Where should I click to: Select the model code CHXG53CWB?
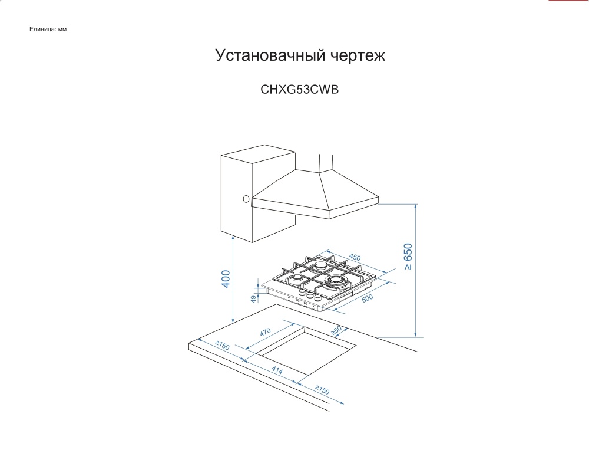(x=300, y=91)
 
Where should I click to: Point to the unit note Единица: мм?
(x=48, y=29)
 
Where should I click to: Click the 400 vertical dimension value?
(x=226, y=278)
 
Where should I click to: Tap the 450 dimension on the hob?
(x=355, y=257)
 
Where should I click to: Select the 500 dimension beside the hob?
(x=368, y=298)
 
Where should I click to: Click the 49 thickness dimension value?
(x=254, y=298)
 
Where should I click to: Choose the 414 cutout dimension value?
(x=277, y=371)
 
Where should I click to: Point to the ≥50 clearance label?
(x=337, y=331)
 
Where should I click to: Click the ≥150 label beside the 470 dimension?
(x=222, y=346)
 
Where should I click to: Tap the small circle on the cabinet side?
(x=246, y=199)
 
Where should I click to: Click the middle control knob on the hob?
(x=310, y=294)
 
